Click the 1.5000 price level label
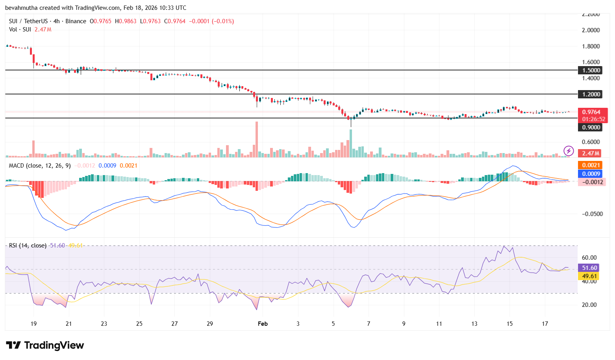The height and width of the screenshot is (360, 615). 591,70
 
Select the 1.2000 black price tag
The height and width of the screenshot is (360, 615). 591,94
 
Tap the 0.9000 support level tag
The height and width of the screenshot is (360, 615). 591,127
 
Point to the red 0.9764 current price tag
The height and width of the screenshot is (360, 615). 591,112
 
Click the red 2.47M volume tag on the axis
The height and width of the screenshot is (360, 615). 591,153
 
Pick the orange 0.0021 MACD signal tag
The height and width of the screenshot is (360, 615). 591,165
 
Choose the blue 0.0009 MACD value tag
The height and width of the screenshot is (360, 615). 591,174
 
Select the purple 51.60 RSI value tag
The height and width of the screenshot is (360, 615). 589,268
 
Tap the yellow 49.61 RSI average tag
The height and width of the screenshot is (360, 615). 589,276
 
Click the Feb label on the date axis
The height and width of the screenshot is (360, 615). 263,324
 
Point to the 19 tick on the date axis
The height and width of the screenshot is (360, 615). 33,324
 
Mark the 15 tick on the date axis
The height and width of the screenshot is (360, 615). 509,324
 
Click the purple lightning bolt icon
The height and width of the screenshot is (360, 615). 569,151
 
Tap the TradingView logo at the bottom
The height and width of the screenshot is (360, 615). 45,345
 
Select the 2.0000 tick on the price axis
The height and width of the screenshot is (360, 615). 591,30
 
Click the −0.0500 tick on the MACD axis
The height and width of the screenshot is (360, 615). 592,214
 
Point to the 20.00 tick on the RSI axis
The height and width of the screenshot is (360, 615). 589,305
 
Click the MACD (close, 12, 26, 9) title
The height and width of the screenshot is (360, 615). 40,166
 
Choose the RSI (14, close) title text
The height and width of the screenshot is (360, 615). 28,246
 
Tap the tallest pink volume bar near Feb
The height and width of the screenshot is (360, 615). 257,140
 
